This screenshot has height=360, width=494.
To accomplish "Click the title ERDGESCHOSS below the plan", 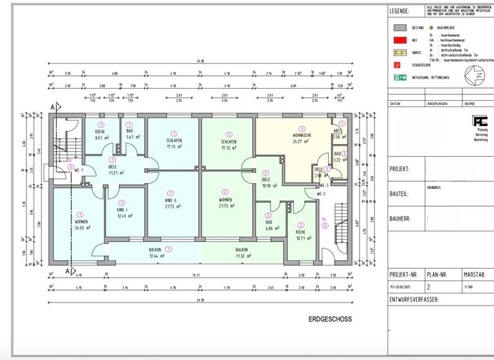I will pyautogui.click(x=330, y=319).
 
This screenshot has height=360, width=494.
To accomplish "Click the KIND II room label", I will pyautogui.click(x=170, y=199).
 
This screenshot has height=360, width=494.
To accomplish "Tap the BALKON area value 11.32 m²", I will pyautogui.click(x=242, y=256).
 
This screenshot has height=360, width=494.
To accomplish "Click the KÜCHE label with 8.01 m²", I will pyautogui.click(x=100, y=131).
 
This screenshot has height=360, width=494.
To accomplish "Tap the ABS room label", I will pyautogui.click(x=337, y=130).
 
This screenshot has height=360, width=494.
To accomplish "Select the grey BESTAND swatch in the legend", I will pyautogui.click(x=399, y=28).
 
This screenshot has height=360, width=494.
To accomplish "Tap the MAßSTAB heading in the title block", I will pyautogui.click(x=474, y=273).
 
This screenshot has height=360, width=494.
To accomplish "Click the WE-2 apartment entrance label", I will pyautogui.click(x=322, y=194).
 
